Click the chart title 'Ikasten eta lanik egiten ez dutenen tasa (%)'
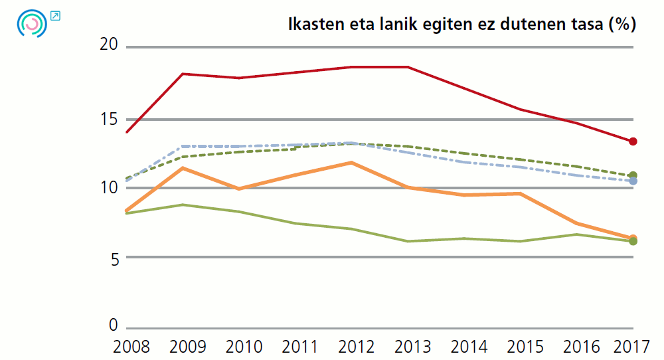point(461,25)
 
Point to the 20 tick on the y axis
point(108,45)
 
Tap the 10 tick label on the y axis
point(108,188)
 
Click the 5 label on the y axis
point(113,258)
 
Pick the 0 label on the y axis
point(113,325)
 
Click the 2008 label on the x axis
point(131,347)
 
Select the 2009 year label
point(187,347)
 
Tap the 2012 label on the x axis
point(357,347)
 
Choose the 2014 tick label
point(469,347)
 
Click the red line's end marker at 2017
point(633,141)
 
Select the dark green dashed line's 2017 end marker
point(633,175)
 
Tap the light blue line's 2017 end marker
point(633,181)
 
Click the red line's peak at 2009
point(183,74)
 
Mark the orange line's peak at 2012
point(351,162)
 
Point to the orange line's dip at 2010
point(239,189)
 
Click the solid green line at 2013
point(408,241)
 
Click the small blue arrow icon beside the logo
point(55,15)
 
